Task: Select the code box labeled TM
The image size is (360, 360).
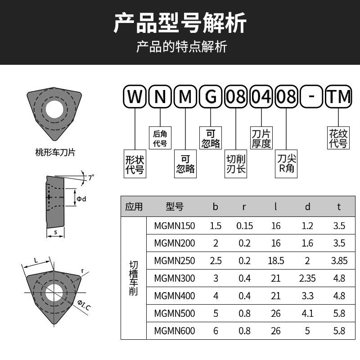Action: pos(338,97)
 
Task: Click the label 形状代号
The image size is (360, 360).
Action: pos(135,164)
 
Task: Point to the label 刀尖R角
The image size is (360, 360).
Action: pos(286,164)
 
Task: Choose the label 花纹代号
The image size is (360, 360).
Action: pos(338,138)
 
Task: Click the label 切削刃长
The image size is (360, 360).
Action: pos(236,164)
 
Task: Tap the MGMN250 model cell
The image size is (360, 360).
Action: pos(175,261)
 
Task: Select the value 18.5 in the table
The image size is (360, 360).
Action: pos(276,261)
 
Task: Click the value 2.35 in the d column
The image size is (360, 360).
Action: pos(307,278)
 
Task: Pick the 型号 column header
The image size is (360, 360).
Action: pos(175,207)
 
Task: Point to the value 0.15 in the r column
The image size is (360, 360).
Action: pos(244,226)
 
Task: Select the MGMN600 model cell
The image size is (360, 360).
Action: pos(175,331)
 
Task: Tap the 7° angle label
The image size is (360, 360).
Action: pos(91,178)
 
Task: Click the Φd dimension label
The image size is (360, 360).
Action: pos(81,199)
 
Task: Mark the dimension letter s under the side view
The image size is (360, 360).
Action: pos(55,233)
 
